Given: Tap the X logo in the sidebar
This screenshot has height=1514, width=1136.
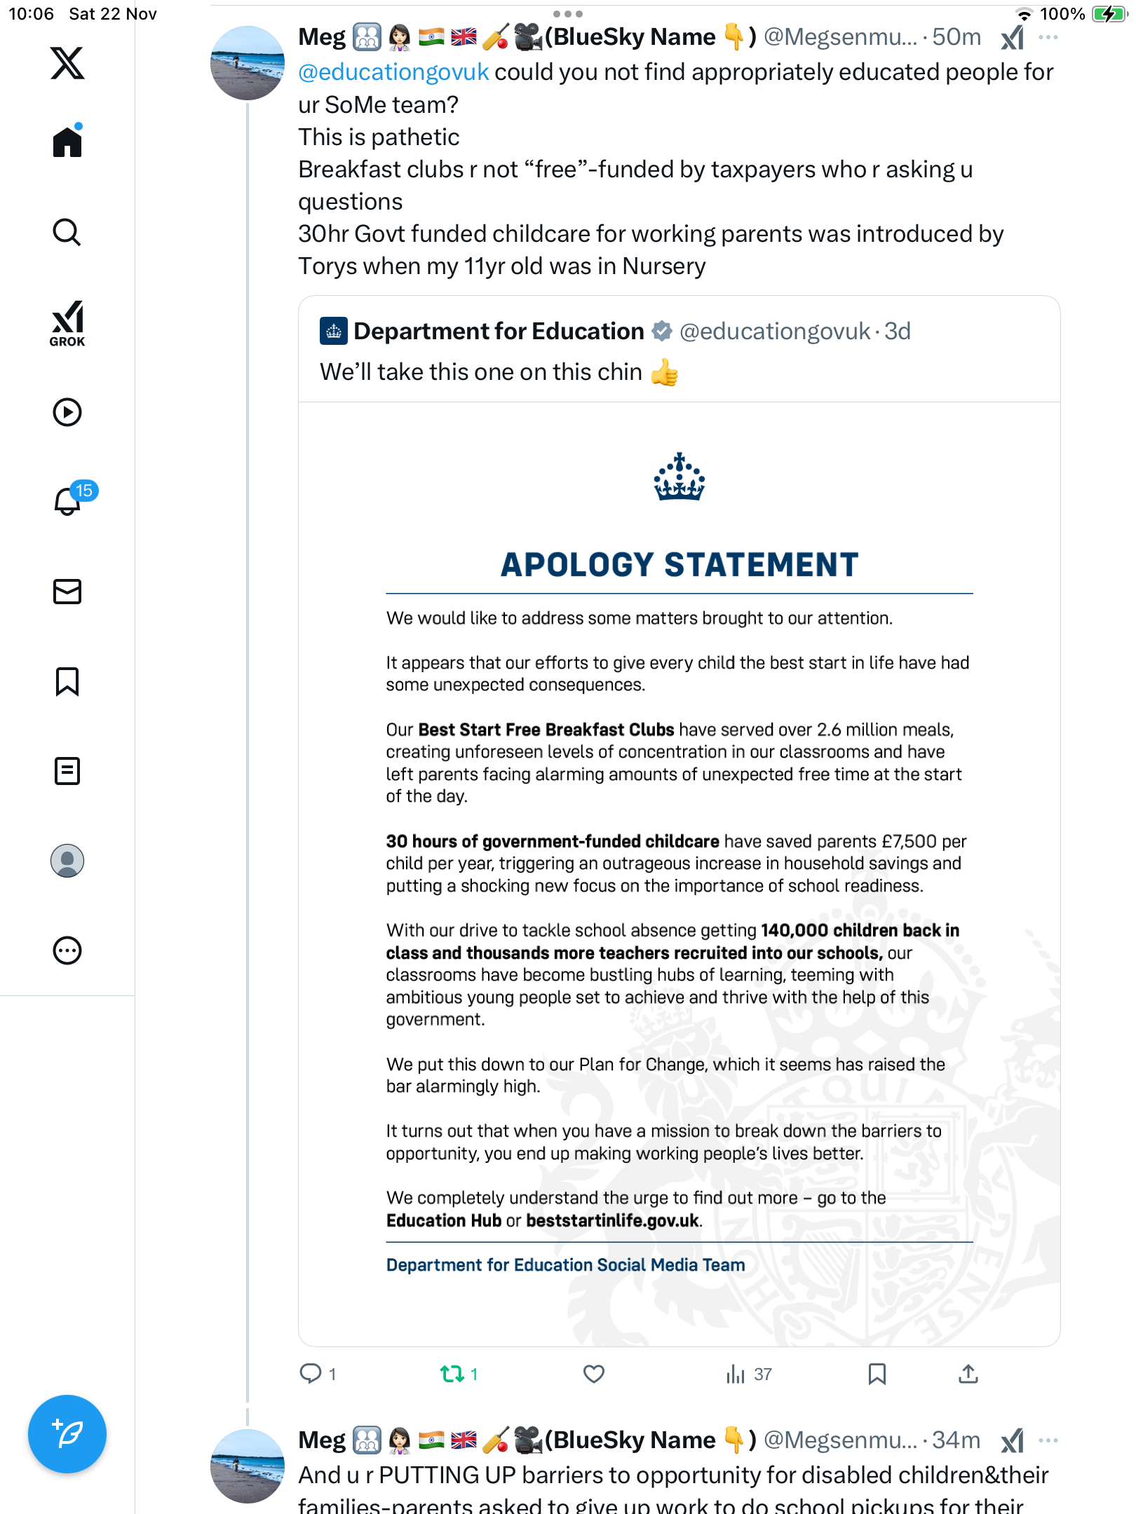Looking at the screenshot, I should pos(67,63).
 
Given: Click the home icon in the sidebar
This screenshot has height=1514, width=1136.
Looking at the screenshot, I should pos(67,142).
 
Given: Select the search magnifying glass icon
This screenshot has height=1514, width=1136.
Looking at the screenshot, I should pos(67,232).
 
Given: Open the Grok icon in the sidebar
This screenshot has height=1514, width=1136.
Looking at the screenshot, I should pos(67,323).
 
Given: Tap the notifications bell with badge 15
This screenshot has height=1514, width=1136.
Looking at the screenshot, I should pos(68,501).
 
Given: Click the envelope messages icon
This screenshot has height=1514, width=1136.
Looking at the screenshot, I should pos(67,592).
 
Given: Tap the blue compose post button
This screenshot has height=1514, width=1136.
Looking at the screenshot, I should pos(67,1434).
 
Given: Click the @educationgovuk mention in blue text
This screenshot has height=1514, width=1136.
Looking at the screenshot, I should pos(393,72).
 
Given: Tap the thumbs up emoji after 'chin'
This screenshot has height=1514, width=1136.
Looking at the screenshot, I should pos(664,372).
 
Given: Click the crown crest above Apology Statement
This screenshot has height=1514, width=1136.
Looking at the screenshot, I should pos(679,477).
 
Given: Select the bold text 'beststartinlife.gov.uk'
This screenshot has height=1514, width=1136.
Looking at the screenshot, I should pos(612,1220).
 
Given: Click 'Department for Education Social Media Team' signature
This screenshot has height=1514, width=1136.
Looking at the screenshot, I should pos(565,1264).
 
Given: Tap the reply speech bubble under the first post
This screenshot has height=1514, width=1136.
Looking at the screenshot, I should pos(310,1373).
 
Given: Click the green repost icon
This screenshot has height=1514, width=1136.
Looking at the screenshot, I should pos(452,1374).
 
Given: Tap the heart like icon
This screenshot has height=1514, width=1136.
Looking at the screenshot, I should pos(594,1374).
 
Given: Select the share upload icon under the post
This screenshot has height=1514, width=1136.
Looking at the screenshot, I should pos(968,1374).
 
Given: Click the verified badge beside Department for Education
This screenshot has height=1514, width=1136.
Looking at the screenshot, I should pos(661,331).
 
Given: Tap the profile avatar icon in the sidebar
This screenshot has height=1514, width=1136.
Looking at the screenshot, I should pos(67,861).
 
